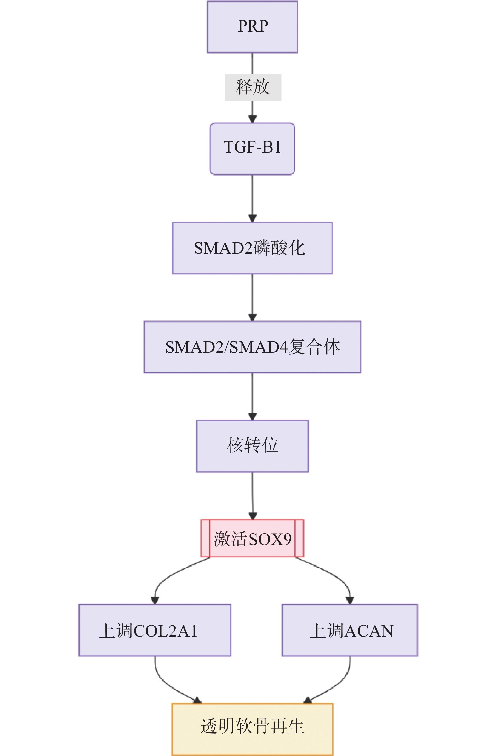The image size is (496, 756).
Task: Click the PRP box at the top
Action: (x=252, y=27)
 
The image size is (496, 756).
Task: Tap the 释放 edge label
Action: (x=253, y=87)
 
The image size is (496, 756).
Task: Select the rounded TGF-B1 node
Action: (x=252, y=149)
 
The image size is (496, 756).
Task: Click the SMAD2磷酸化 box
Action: (x=252, y=248)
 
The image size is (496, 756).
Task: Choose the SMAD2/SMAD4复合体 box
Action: (x=252, y=347)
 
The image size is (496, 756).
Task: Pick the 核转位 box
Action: (x=252, y=446)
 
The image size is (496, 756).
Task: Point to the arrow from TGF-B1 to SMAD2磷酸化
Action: (x=252, y=197)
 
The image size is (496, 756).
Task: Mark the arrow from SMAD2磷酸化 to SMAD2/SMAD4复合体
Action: (x=252, y=297)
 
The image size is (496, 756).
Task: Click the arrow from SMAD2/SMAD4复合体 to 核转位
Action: (x=252, y=396)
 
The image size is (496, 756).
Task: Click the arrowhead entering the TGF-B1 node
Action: (x=252, y=119)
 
